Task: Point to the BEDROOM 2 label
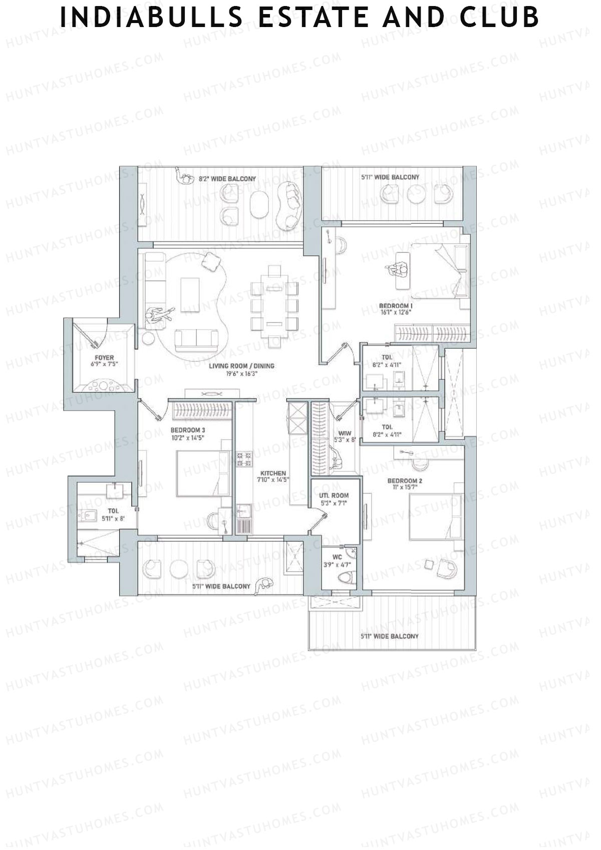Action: (x=405, y=481)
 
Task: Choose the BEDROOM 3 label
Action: (x=187, y=430)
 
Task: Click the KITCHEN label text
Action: (x=273, y=473)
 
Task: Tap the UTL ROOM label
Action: (x=334, y=495)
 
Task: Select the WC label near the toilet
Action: (x=337, y=556)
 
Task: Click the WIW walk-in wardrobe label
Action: (x=344, y=433)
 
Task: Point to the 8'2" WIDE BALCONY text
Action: (x=227, y=178)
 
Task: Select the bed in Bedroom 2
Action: (x=435, y=517)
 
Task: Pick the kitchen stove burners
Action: (x=244, y=459)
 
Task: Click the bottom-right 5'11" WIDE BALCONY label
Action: (x=389, y=636)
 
